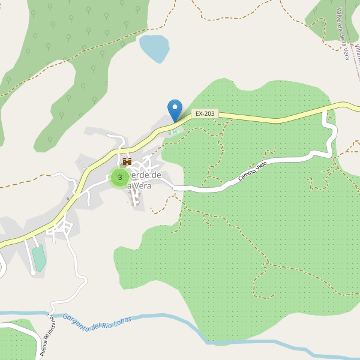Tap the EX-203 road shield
click(205, 113)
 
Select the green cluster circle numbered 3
click(120, 177)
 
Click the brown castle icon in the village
click(127, 161)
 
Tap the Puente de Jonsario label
click(47, 336)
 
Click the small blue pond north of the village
click(154, 48)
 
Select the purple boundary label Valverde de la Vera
click(343, 33)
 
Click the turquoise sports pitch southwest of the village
click(39, 258)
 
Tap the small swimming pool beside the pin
click(175, 132)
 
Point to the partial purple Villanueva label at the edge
click(356, 52)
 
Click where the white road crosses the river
click(50, 313)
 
